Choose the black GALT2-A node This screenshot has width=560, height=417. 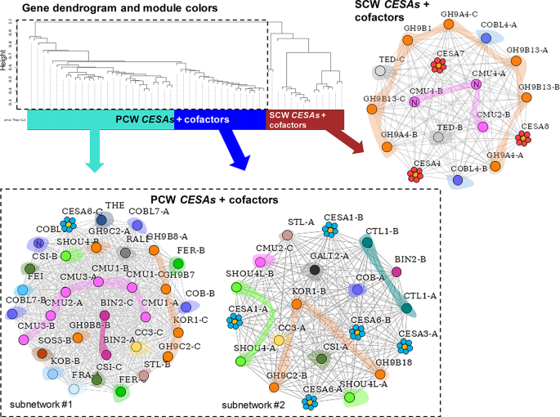click(313, 269)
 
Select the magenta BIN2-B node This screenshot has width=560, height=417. click(420, 282)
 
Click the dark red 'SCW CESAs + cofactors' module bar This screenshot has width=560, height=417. click(305, 119)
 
